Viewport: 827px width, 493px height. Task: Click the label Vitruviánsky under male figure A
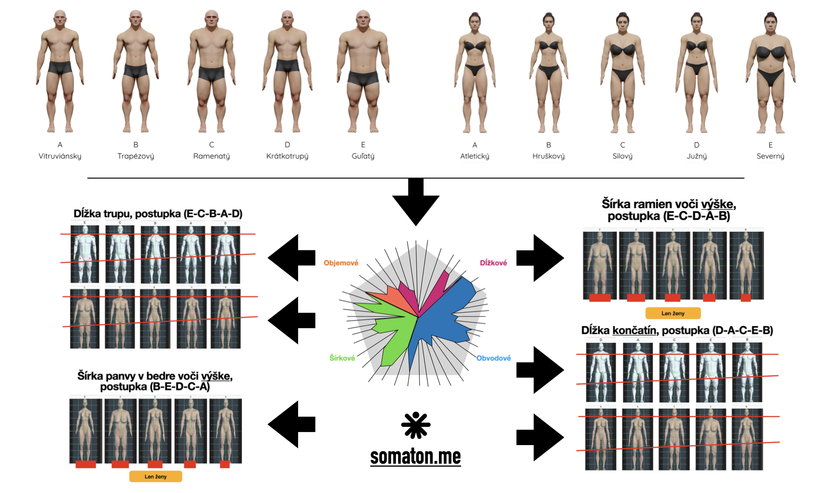click(x=60, y=156)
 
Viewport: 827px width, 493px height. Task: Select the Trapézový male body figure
click(x=136, y=72)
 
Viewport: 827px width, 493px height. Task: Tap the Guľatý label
click(x=363, y=156)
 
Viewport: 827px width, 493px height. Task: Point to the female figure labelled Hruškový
click(x=549, y=72)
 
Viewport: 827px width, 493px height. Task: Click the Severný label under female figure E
click(x=770, y=156)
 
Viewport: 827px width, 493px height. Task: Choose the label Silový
click(x=622, y=156)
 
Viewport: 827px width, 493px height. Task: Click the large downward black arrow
click(x=415, y=201)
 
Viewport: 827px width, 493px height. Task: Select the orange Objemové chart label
click(x=341, y=263)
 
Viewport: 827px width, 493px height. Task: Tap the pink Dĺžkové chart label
click(x=493, y=263)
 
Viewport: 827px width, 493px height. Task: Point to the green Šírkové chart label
click(x=342, y=358)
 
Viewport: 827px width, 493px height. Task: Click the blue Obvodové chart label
click(x=493, y=358)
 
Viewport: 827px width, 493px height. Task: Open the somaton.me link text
click(x=415, y=457)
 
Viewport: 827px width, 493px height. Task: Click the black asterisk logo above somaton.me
click(x=415, y=425)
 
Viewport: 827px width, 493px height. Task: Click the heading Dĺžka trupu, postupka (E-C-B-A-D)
click(x=158, y=213)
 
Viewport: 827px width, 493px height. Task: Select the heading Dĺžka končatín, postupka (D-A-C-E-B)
click(x=677, y=330)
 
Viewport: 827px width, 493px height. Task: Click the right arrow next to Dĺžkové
click(x=540, y=258)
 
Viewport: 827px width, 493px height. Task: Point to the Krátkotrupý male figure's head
click(x=287, y=17)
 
